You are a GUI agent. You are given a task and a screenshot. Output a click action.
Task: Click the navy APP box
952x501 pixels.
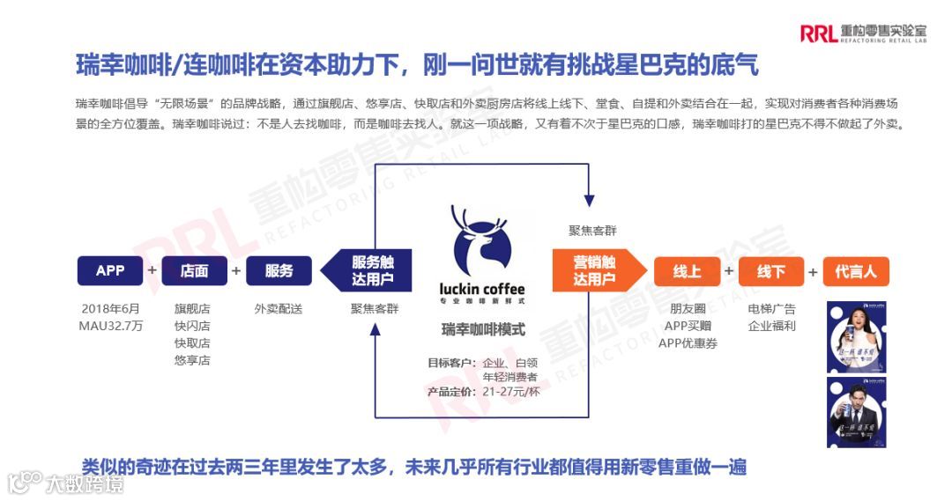pyautogui.click(x=110, y=271)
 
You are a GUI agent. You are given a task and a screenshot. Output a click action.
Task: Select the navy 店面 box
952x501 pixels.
pyautogui.click(x=194, y=271)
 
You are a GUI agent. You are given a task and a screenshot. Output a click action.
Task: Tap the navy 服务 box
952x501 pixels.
pyautogui.click(x=279, y=271)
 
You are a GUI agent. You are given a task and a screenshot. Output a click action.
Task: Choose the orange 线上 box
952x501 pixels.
pyautogui.click(x=687, y=271)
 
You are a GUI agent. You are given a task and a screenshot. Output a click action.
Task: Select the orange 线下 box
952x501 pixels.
pyautogui.click(x=771, y=271)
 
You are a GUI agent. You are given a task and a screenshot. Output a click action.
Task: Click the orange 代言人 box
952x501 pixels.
pyautogui.click(x=855, y=271)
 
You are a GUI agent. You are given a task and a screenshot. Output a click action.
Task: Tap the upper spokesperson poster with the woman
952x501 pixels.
pyautogui.click(x=856, y=335)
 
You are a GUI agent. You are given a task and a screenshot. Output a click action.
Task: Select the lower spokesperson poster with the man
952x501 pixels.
pyautogui.click(x=856, y=411)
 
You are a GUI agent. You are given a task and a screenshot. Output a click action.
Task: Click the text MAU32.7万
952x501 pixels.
pyautogui.click(x=110, y=326)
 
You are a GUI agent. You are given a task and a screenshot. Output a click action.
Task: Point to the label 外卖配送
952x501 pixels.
pyautogui.click(x=279, y=309)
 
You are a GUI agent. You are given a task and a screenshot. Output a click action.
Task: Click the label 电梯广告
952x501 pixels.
pyautogui.click(x=771, y=309)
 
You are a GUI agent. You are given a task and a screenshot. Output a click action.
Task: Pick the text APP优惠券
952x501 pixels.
pyautogui.click(x=688, y=343)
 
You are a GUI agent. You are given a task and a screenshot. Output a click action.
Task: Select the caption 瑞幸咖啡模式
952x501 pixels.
pyautogui.click(x=483, y=330)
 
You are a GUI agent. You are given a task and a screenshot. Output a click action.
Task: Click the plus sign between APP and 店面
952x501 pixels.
pyautogui.click(x=152, y=270)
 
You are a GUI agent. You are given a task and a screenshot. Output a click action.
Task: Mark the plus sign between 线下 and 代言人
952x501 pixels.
pyautogui.click(x=813, y=271)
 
